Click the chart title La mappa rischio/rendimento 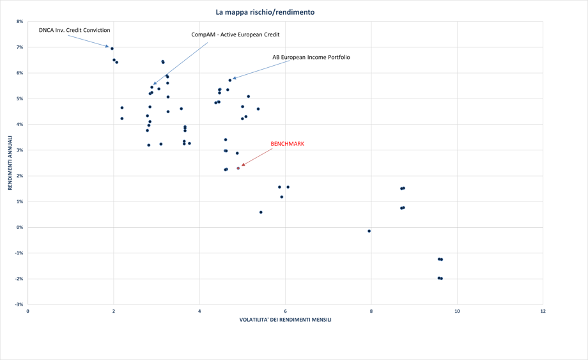(265, 12)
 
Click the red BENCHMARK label (287, 144)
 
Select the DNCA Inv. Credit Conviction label (74, 30)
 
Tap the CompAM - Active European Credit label (235, 35)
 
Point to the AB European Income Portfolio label (311, 58)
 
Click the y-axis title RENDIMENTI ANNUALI (10, 162)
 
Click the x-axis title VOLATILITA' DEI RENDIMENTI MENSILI (285, 320)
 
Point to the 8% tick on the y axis (19, 22)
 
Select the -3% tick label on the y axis (19, 304)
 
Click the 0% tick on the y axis (19, 228)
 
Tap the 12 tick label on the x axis (543, 311)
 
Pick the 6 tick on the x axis (285, 311)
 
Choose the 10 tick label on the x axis (457, 311)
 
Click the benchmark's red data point (238, 168)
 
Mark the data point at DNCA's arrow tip (112, 49)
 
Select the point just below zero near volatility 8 (369, 231)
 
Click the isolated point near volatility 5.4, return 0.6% (261, 212)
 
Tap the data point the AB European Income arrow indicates (230, 80)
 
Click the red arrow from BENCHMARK (256, 157)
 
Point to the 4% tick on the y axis (19, 125)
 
